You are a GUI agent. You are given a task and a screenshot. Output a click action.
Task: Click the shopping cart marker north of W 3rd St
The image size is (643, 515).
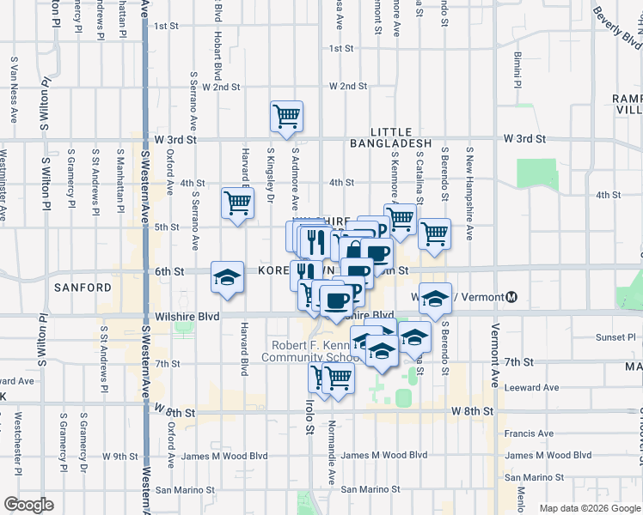pos(286,116)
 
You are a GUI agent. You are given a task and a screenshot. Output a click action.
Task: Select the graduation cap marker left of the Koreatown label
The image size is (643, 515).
pos(227,277)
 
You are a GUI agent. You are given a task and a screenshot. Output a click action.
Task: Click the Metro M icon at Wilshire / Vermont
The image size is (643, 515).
pos(511,297)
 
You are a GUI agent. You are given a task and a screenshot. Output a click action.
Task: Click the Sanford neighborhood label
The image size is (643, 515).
pos(83,287)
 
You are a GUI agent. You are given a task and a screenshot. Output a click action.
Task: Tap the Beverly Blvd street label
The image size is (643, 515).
pos(616,28)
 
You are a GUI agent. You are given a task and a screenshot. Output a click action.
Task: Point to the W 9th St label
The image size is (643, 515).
pos(120,456)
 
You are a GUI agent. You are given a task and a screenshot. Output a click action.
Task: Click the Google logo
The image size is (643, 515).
pos(28,505)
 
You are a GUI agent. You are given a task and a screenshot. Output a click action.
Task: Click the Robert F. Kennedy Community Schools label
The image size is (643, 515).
pos(310,351)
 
